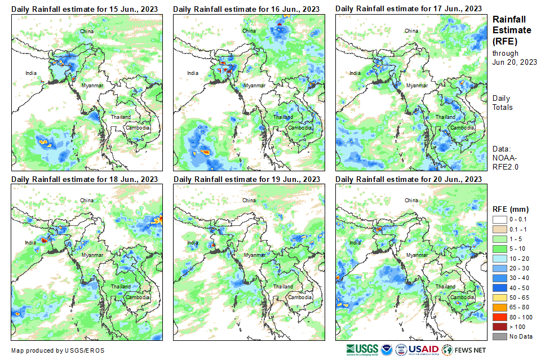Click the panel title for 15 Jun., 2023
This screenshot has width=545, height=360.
85,9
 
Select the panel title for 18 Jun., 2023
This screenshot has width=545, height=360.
85,179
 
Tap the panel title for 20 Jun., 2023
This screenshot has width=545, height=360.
409,179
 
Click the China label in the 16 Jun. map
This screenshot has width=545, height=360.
249,30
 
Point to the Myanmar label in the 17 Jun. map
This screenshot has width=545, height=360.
416,85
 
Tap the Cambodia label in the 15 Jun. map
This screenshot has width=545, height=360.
137,128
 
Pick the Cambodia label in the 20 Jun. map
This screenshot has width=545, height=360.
462,297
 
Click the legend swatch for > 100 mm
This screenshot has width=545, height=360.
500,326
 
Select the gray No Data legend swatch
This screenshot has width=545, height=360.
500,336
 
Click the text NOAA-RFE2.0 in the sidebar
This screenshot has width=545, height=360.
506,163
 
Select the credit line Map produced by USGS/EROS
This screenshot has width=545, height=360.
57,350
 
